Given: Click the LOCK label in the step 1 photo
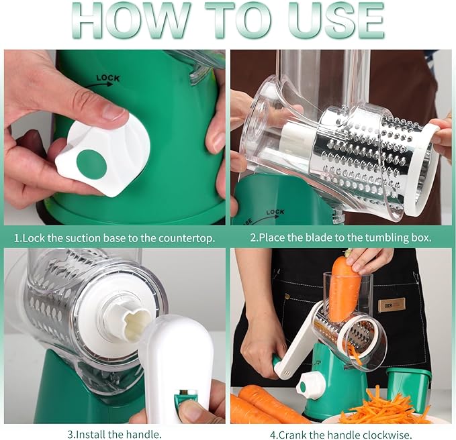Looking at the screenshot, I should click(x=108, y=78).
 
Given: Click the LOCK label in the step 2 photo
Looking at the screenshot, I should click(x=275, y=213).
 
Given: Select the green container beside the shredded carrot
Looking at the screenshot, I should click(x=410, y=385).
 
